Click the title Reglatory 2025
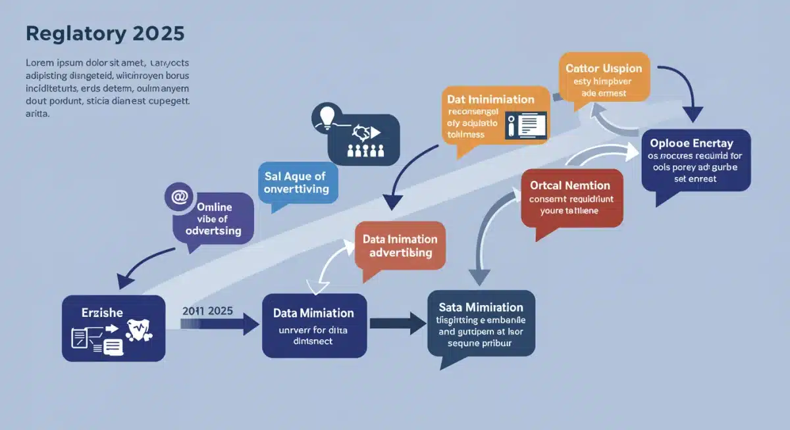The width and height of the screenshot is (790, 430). click(105, 34)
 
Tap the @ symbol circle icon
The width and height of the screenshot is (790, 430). click(179, 197)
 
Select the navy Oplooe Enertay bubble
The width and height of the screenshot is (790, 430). click(696, 161)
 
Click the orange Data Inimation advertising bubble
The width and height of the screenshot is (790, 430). click(400, 246)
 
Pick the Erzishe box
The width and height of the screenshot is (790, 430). click(114, 328)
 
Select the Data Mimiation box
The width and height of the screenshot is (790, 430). click(314, 325)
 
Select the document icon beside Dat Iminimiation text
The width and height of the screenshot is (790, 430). click(526, 125)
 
